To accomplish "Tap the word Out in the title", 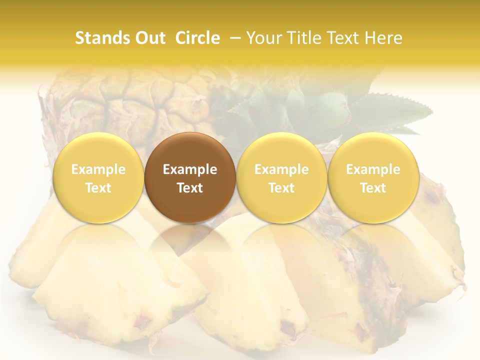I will (x=148, y=38).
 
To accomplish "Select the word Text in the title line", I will (x=344, y=38).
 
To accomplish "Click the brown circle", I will (x=190, y=177).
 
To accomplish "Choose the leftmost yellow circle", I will (x=98, y=177).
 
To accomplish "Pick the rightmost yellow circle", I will (x=373, y=177).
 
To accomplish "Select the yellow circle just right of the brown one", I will (x=281, y=177).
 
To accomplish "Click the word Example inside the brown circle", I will (x=190, y=169).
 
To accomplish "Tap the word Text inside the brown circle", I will (x=190, y=188).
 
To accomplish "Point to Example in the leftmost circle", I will (x=98, y=169).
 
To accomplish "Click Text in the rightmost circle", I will (x=373, y=188).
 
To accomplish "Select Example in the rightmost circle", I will (x=373, y=169).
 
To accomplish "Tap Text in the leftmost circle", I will (x=98, y=188).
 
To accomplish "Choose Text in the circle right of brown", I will (x=281, y=188).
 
